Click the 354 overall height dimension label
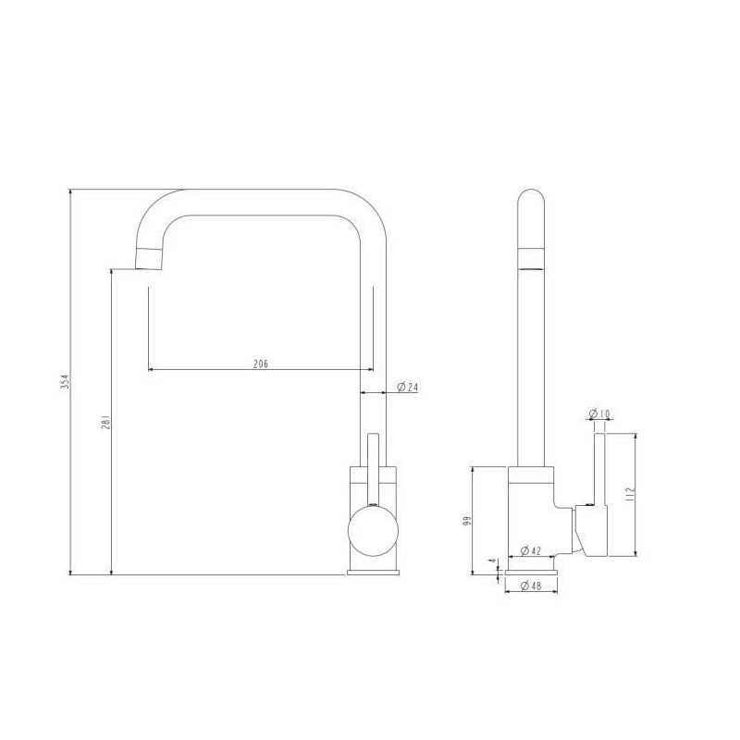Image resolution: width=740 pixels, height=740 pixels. click(67, 382)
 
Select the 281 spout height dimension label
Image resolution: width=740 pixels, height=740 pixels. click(106, 422)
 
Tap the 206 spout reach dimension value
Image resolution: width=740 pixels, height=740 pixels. click(261, 364)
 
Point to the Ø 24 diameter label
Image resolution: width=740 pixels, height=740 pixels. click(408, 387)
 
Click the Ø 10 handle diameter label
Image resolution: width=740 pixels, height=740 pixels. click(599, 413)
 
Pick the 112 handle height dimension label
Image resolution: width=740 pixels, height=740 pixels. click(630, 494)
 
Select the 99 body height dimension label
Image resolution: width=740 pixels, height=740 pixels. click(467, 521)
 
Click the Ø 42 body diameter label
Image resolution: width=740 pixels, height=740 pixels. click(530, 550)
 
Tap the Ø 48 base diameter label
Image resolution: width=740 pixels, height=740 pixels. click(530, 586)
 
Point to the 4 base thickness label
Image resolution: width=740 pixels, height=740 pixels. click(493, 561)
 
